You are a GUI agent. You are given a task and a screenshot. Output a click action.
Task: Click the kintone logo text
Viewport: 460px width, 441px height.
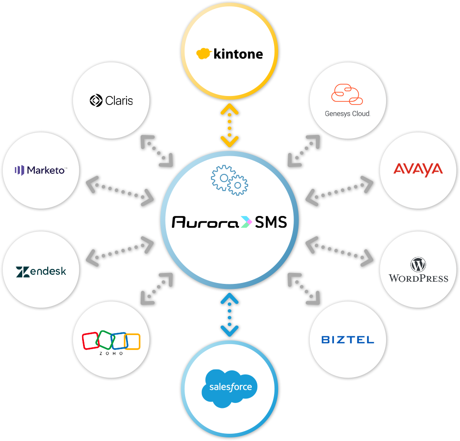(x=238, y=54)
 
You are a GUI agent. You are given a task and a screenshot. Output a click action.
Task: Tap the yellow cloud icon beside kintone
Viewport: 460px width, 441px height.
(x=204, y=53)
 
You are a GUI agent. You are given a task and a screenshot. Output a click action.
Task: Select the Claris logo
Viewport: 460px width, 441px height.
(x=111, y=101)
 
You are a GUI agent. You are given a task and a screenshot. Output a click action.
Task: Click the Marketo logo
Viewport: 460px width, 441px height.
(x=41, y=170)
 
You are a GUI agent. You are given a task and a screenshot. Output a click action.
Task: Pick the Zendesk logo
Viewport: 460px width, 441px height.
(x=41, y=272)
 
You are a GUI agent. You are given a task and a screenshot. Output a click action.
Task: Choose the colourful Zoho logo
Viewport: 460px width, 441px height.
(x=111, y=343)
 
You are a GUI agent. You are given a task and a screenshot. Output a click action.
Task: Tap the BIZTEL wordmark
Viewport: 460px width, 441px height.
(x=347, y=340)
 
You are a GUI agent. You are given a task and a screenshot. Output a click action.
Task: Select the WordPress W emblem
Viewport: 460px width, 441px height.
(x=418, y=264)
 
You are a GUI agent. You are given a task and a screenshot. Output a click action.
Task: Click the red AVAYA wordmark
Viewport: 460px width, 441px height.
(x=418, y=170)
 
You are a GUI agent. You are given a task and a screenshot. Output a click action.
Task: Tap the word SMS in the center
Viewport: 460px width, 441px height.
(x=271, y=222)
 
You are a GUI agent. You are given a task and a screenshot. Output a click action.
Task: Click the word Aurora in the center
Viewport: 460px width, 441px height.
(x=205, y=222)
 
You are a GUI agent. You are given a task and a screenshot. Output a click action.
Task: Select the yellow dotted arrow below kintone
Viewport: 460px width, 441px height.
(x=230, y=125)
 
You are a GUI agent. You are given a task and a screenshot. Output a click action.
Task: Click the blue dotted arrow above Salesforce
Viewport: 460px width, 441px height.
(x=230, y=315)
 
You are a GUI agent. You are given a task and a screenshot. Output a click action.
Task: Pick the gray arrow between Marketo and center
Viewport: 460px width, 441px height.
(x=120, y=191)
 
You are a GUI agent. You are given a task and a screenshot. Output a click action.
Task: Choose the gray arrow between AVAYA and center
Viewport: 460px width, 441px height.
(x=339, y=191)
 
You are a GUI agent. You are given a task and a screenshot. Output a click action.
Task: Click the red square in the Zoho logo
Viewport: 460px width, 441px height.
(x=90, y=341)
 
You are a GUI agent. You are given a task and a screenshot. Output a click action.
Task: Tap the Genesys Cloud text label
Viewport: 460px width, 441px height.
(x=347, y=114)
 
